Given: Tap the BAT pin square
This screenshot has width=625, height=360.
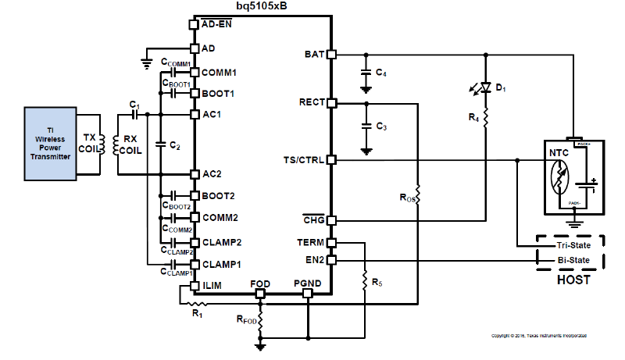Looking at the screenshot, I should point(331,55).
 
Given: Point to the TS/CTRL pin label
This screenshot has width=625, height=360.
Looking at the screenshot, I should point(305,160).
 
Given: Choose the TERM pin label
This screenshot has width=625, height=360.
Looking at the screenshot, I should point(312,244).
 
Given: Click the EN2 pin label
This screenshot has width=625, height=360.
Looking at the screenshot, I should point(315,259).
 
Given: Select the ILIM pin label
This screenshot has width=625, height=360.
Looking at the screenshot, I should point(212,286).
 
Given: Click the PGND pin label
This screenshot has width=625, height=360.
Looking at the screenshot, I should point(306,283).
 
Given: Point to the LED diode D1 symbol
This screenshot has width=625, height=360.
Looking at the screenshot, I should point(485,87).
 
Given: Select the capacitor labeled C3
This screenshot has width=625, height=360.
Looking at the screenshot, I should point(365,126).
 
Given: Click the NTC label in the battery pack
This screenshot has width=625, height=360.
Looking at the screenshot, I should point(559,154).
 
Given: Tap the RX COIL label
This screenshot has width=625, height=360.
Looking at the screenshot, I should point(130,145).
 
